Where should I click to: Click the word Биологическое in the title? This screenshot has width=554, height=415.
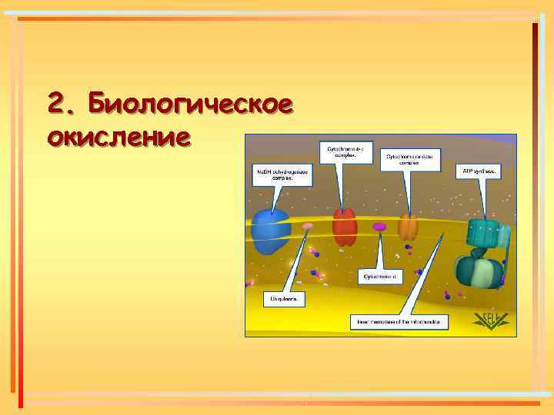[190, 103]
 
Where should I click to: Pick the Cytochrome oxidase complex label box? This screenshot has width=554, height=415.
[409, 158]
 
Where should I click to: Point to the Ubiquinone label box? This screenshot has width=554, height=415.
[285, 297]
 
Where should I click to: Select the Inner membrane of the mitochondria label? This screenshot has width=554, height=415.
[398, 320]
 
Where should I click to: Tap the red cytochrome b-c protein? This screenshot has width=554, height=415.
[344, 227]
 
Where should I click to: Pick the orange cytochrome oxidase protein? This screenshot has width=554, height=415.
[408, 227]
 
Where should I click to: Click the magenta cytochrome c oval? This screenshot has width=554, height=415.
[379, 227]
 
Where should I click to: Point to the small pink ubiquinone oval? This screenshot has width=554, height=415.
[308, 227]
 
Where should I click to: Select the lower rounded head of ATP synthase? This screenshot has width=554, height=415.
[477, 272]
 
